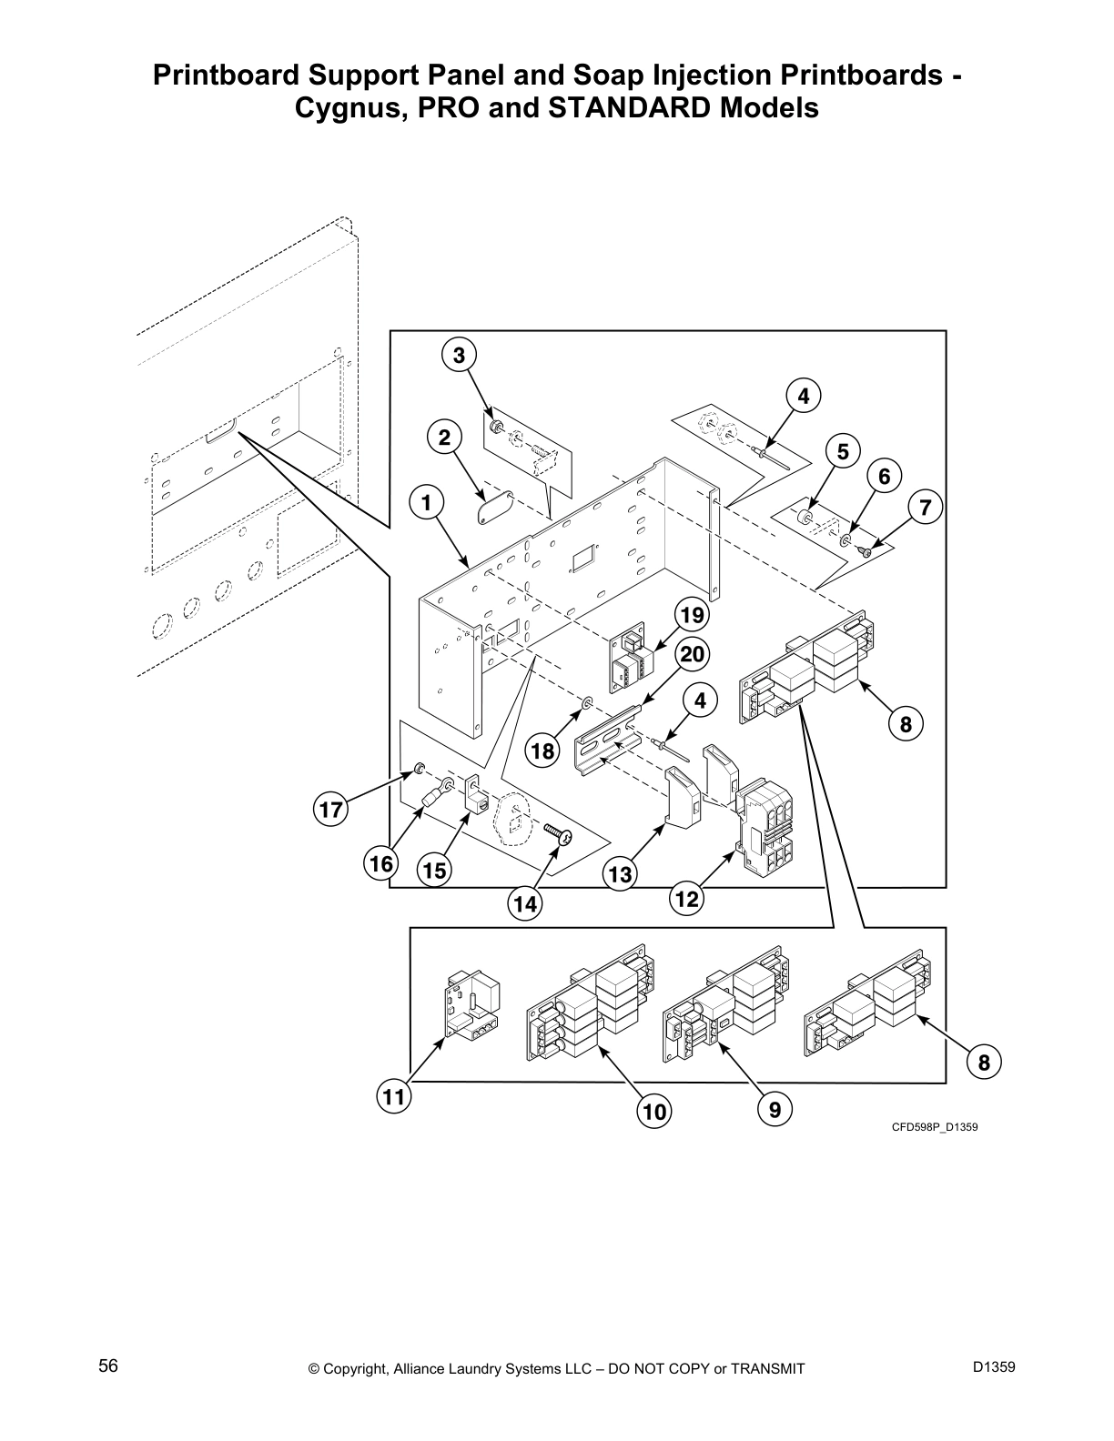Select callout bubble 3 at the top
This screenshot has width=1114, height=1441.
point(460,356)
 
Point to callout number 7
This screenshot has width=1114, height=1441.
point(925,508)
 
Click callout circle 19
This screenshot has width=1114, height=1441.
point(693,616)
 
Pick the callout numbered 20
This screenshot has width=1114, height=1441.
point(693,654)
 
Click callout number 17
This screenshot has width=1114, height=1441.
point(332,809)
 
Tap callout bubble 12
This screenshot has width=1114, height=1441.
point(688,899)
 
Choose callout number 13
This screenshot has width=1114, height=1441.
point(620,874)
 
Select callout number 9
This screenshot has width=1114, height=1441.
point(774,1109)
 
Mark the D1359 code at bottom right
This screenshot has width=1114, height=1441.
point(993,1366)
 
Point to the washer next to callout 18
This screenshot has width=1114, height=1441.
point(587,702)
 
